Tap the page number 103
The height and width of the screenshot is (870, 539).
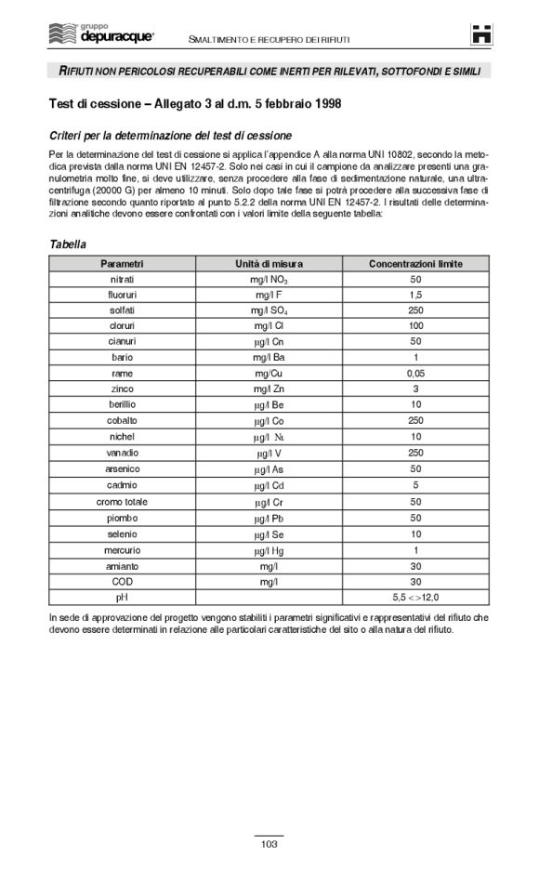click(269, 844)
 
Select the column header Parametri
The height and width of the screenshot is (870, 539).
click(122, 264)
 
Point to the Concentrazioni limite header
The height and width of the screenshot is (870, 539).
click(415, 264)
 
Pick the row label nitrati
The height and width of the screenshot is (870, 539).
click(122, 279)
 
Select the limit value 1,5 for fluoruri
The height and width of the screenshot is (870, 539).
click(415, 295)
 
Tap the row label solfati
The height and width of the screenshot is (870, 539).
click(122, 310)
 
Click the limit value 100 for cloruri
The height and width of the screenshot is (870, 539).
click(415, 325)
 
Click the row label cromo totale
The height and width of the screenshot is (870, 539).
click(122, 502)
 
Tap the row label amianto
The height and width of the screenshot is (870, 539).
click(122, 565)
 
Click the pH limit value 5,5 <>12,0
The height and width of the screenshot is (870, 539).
click(415, 597)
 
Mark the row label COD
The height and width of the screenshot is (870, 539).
click(122, 581)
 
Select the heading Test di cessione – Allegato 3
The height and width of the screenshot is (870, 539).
click(194, 103)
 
